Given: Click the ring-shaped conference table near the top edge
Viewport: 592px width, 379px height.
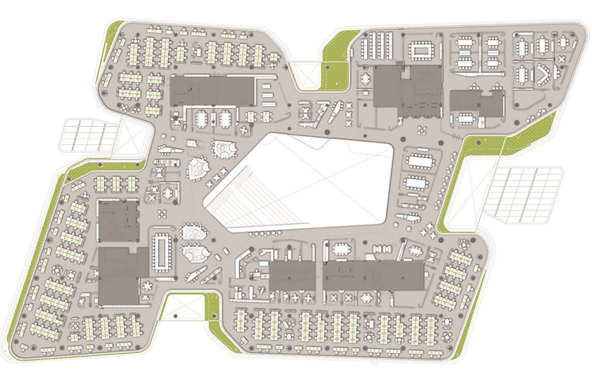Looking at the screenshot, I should coord(421,51).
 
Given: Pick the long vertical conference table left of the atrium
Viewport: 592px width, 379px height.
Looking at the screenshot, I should coord(163,251).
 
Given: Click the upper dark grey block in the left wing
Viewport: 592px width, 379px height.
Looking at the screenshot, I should coord(118,221).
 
